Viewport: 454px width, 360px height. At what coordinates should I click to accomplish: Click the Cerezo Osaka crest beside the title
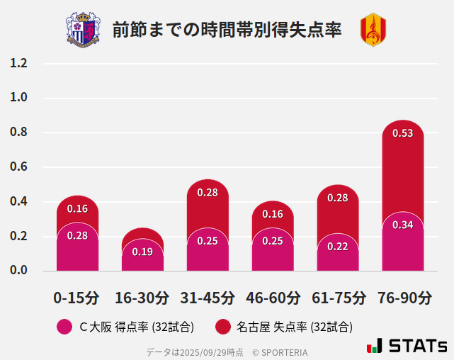point(83,30)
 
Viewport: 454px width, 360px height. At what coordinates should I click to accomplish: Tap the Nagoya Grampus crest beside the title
point(373,30)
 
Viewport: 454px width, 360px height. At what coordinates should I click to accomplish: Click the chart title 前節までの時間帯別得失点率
point(227,30)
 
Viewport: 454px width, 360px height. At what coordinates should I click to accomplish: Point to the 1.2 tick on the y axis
point(18,63)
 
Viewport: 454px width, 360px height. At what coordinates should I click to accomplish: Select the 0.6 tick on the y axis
point(18,167)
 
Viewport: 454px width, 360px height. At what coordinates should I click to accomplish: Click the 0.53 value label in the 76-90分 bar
point(402,133)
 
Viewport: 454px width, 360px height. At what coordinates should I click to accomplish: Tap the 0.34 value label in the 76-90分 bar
point(402,225)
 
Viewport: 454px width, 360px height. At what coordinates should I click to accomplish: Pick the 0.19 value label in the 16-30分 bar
point(142,252)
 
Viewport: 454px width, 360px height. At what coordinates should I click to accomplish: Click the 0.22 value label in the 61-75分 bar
point(338,246)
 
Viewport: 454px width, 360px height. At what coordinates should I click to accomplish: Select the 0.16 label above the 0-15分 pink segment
point(77,208)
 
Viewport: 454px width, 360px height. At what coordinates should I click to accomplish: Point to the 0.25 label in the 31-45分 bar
point(208,241)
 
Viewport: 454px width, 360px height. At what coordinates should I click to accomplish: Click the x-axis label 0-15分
point(76,298)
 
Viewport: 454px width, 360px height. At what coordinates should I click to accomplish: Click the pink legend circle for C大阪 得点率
point(64,327)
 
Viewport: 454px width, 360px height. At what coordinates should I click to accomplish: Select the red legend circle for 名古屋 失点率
point(223,327)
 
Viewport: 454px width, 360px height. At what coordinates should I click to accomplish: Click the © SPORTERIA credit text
point(280,351)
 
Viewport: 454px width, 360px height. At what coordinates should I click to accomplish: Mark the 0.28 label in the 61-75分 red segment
point(338,198)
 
